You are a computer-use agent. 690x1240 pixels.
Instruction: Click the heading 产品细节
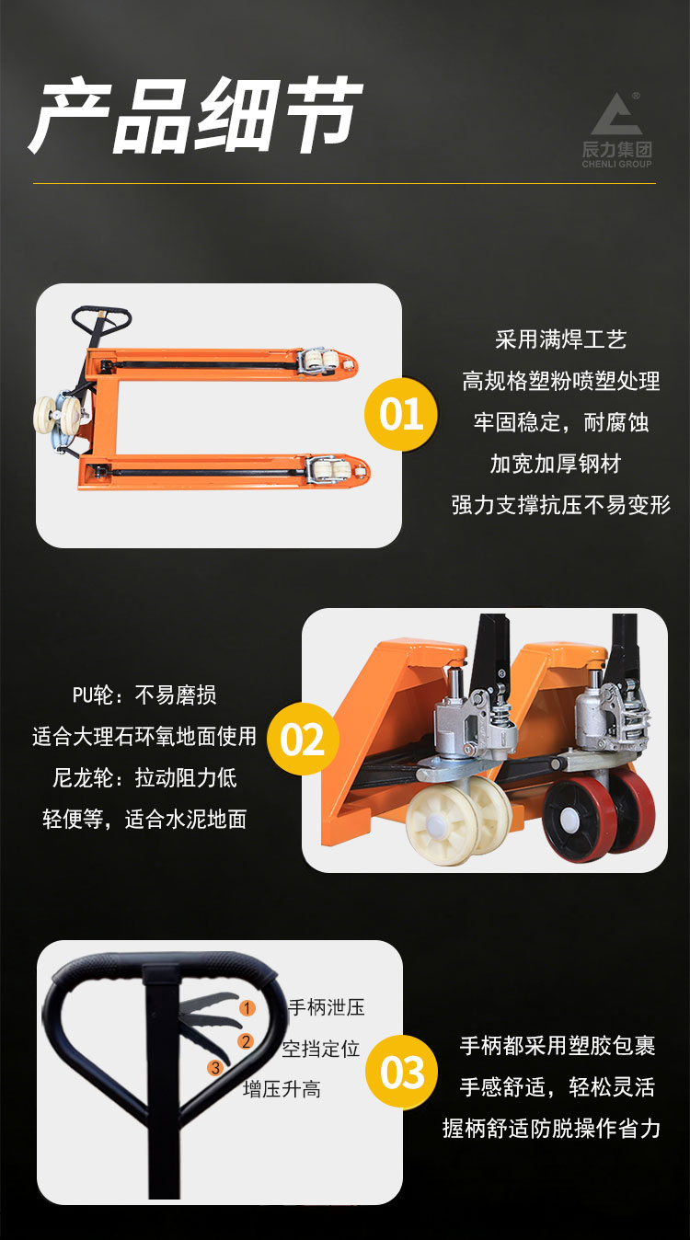(195, 115)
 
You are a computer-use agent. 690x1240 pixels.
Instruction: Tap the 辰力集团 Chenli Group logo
(616, 130)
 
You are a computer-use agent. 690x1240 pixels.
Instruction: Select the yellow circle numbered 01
(401, 414)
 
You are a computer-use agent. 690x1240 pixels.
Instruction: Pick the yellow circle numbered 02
(303, 739)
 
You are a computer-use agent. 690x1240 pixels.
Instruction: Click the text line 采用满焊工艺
(560, 339)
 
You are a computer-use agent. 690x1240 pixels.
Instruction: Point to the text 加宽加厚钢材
(556, 464)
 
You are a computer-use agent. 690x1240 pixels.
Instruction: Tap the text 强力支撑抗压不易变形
(561, 505)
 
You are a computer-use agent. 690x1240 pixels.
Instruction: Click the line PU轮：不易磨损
(144, 695)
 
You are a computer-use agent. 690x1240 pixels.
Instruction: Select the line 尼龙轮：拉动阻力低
(144, 778)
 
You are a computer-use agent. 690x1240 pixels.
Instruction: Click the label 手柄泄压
(327, 1007)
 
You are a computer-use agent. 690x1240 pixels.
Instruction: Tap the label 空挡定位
(321, 1049)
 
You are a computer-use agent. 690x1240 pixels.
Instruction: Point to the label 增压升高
(282, 1089)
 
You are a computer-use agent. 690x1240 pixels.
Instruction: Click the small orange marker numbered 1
(247, 1007)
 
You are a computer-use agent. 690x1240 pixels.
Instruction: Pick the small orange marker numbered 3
(215, 1068)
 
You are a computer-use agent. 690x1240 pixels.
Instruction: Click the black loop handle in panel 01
(101, 318)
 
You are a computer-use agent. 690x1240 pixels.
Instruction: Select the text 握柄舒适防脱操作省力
(552, 1128)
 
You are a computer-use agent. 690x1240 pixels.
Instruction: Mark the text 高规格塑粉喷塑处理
(561, 381)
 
